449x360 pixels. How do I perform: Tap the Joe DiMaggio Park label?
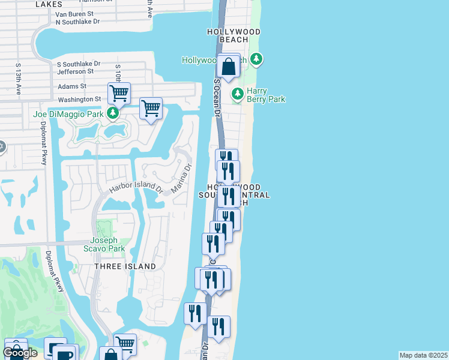coord(68,113)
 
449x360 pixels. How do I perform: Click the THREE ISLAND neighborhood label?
coord(125,266)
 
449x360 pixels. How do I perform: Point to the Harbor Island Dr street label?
coord(135,188)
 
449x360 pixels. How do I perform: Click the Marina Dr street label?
coord(181,178)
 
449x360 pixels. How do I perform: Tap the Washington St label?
coord(79,99)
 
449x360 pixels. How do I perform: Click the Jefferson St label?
coord(75,71)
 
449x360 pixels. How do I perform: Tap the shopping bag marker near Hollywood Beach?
coord(228,67)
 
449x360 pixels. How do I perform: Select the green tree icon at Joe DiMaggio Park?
coord(112,113)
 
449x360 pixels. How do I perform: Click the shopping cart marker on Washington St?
coord(119,94)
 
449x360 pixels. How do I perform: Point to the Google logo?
coord(20,353)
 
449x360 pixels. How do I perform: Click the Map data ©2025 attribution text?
coord(424,355)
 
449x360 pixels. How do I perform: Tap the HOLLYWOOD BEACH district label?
coord(234,35)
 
